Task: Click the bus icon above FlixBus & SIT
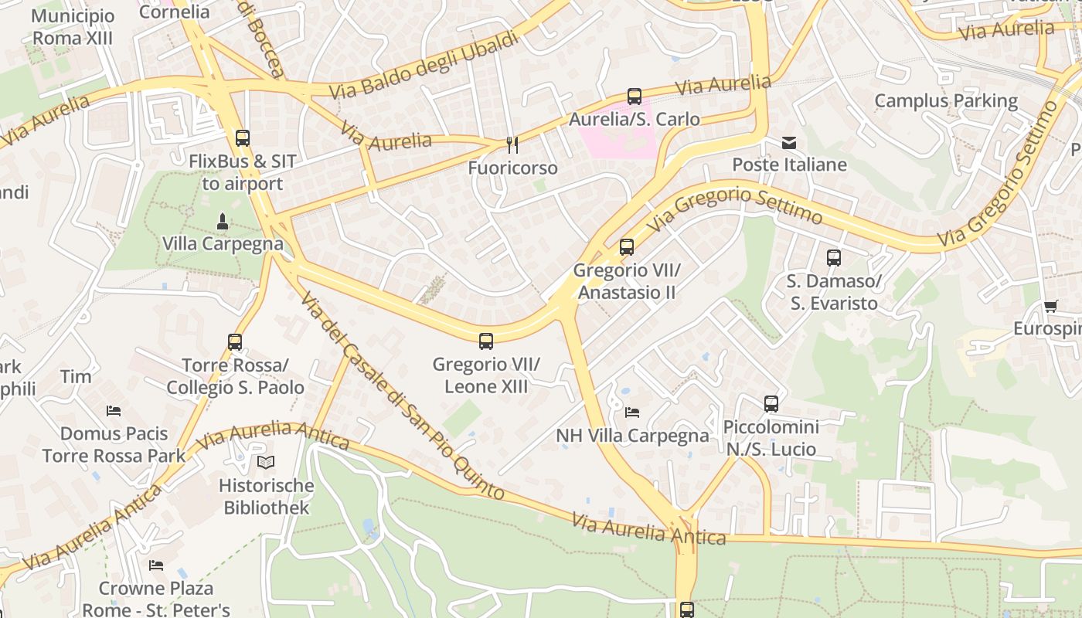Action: (243, 138)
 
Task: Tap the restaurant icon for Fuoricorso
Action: (512, 144)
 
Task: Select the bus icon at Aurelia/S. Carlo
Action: (635, 97)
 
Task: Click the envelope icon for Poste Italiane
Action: (789, 143)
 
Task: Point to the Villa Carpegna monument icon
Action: (223, 222)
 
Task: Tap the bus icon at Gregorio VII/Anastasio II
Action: (627, 247)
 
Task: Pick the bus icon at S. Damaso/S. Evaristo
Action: (833, 258)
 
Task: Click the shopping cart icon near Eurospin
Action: (1050, 307)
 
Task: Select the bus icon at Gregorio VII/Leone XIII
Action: (486, 341)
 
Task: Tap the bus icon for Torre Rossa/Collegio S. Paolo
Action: (235, 341)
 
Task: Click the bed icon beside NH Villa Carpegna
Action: (632, 413)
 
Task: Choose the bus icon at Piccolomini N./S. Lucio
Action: (771, 403)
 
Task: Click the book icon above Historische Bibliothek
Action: (266, 463)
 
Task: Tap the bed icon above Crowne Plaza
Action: (156, 565)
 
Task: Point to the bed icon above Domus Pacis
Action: (114, 411)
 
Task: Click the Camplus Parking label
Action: (946, 100)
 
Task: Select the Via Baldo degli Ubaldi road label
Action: (424, 65)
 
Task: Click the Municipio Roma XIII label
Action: (73, 27)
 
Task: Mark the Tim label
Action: (76, 377)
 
